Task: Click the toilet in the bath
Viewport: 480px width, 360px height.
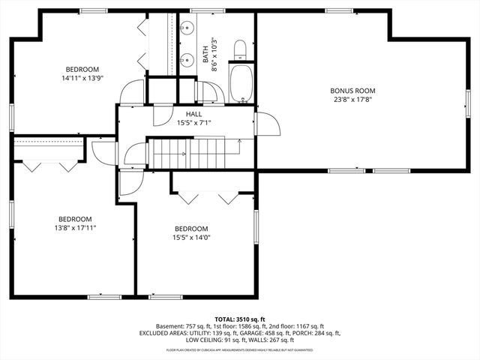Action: tap(240, 51)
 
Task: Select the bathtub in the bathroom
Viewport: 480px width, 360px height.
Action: tap(240, 85)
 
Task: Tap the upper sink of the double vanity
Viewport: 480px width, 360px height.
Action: tap(184, 30)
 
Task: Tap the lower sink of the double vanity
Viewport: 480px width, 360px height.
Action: tap(184, 61)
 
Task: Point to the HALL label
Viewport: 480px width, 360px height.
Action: tap(193, 114)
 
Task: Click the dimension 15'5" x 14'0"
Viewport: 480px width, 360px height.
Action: tap(191, 238)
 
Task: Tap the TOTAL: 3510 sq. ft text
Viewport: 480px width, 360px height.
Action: tap(240, 319)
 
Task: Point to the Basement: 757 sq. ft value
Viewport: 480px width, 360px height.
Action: tap(185, 326)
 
